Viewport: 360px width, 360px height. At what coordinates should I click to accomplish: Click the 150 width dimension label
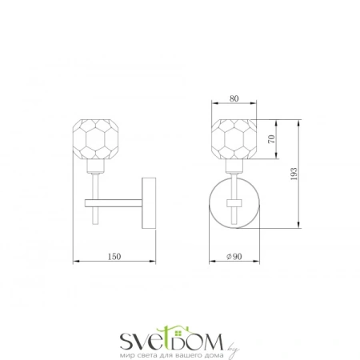click(114, 257)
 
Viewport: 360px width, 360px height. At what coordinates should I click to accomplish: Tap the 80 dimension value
click(234, 98)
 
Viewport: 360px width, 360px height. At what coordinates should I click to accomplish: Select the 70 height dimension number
click(271, 139)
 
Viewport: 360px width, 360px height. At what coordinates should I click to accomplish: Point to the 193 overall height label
click(294, 174)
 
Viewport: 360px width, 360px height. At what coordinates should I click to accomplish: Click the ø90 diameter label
click(234, 257)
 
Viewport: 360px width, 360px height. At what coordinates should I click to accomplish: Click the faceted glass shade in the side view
click(95, 139)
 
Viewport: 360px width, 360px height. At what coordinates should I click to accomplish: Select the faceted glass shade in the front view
click(234, 139)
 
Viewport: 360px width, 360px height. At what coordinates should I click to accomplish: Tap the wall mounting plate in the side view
click(149, 203)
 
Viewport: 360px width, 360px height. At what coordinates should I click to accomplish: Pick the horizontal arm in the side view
click(114, 203)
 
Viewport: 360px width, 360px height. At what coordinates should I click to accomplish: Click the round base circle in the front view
click(209, 203)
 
